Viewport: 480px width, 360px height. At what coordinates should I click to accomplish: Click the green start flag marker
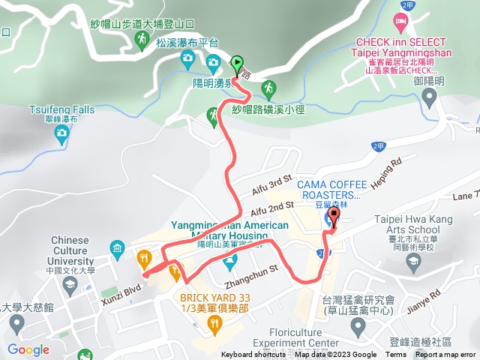(238, 64)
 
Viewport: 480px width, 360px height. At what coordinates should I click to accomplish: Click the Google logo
(28, 349)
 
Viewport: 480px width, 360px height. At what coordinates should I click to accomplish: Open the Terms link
(396, 355)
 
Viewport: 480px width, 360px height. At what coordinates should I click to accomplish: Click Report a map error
(446, 355)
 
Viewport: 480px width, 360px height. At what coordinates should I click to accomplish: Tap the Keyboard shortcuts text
(253, 355)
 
